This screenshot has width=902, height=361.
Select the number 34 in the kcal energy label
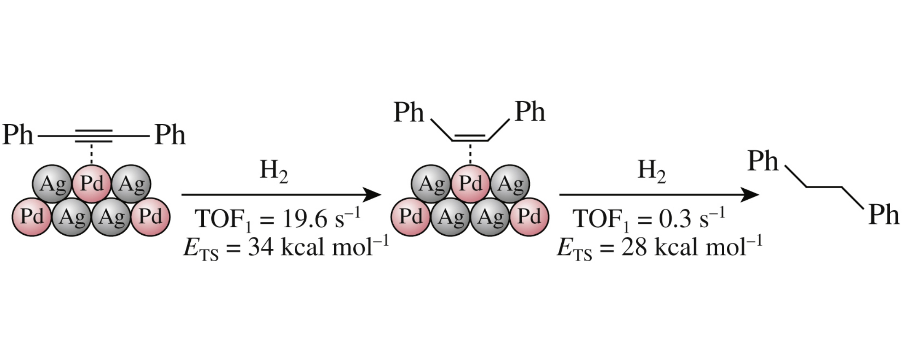(x=261, y=247)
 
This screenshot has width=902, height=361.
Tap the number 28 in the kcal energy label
(x=634, y=247)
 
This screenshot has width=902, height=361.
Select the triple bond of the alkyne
(x=93, y=136)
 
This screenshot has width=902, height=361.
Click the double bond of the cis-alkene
(x=470, y=138)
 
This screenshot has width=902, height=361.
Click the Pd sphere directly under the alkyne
(x=92, y=183)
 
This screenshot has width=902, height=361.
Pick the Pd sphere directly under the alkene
(x=470, y=183)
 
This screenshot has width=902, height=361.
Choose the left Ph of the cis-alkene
(x=408, y=112)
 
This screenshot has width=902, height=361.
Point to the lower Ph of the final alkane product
(x=884, y=214)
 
